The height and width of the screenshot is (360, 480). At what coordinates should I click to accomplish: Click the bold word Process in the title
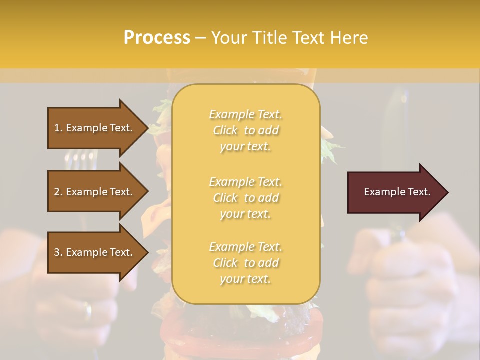pyautogui.click(x=157, y=38)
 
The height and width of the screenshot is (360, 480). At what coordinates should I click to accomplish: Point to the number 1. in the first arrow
pyautogui.click(x=58, y=128)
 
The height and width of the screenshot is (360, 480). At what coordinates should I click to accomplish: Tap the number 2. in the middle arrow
pyautogui.click(x=59, y=192)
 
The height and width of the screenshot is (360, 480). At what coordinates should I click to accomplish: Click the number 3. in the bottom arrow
pyautogui.click(x=59, y=252)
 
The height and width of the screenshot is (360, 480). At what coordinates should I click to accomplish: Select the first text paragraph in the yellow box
pyautogui.click(x=246, y=130)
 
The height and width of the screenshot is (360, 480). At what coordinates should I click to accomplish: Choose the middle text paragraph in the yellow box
pyautogui.click(x=246, y=198)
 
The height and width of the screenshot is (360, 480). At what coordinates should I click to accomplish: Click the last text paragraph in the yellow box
pyautogui.click(x=246, y=263)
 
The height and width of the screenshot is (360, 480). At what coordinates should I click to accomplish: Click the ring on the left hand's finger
pyautogui.click(x=88, y=311)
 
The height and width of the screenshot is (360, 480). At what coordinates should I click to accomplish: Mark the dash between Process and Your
pyautogui.click(x=201, y=38)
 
